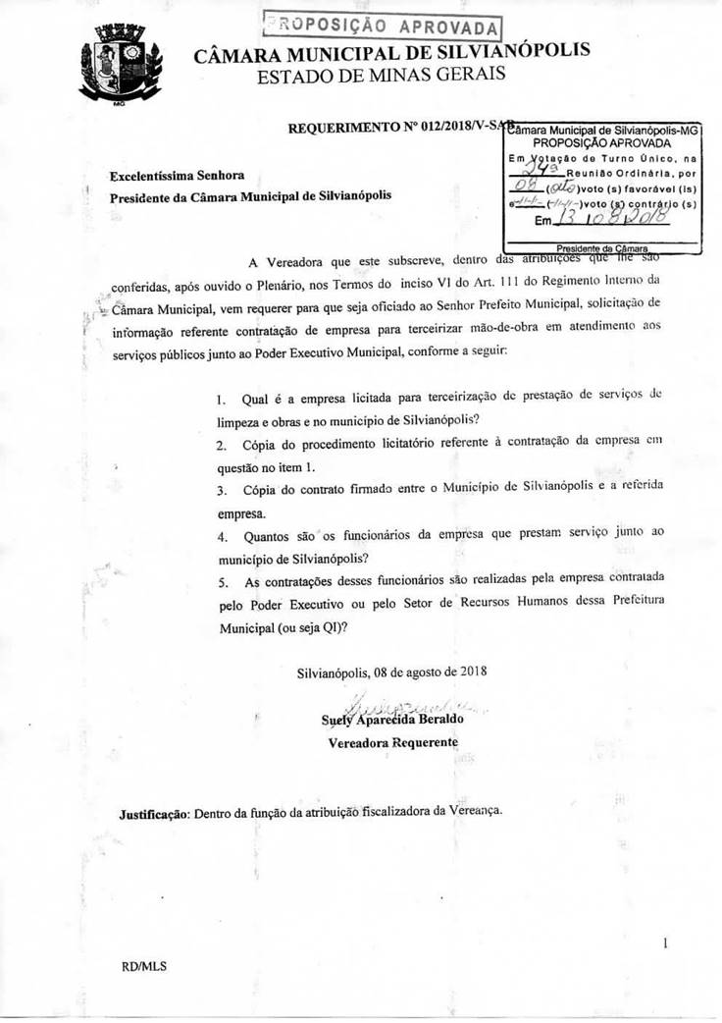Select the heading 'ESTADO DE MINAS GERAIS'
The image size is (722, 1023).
point(382,75)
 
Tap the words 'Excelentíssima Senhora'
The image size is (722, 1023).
point(178,175)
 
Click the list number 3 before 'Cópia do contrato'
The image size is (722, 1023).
point(222,490)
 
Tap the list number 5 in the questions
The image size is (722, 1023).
point(222,584)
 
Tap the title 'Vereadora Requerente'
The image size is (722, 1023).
point(392,742)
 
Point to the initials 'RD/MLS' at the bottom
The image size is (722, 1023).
point(144,966)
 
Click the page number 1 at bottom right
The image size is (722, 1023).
point(665,943)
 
